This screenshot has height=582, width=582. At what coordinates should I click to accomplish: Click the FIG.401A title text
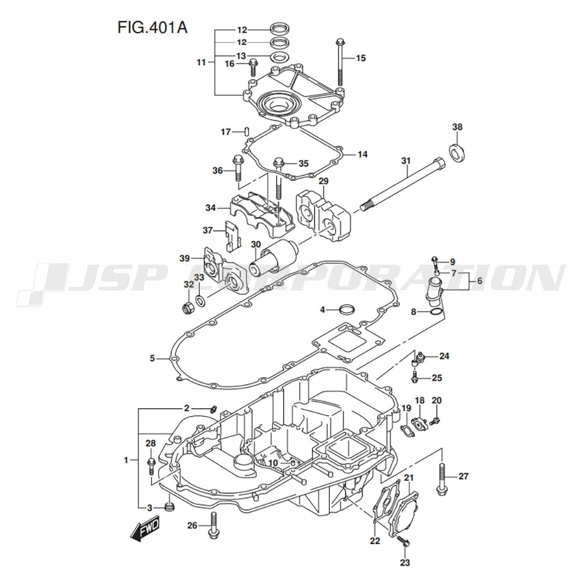(152, 27)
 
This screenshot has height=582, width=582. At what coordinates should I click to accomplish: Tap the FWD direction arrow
(145, 527)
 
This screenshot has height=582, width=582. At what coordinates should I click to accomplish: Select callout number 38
(457, 126)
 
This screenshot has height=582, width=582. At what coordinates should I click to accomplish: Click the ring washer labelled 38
(459, 152)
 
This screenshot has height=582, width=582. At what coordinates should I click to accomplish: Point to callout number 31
(406, 161)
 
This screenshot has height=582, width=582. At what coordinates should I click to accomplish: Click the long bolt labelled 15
(340, 62)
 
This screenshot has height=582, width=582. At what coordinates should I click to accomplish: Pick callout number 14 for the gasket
(362, 154)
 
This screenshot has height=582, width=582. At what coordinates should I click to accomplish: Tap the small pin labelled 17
(246, 132)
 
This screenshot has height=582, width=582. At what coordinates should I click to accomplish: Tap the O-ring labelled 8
(437, 312)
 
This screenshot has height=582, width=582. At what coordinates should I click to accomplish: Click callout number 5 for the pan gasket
(152, 359)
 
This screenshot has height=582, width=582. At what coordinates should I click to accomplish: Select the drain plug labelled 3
(169, 507)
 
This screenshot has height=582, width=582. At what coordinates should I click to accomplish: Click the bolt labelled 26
(213, 525)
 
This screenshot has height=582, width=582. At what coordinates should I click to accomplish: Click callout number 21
(409, 478)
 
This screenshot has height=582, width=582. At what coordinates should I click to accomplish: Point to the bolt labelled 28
(151, 467)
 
